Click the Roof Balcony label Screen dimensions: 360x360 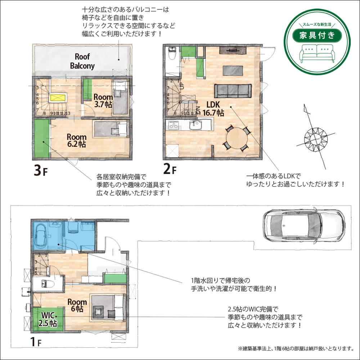tap(82, 61)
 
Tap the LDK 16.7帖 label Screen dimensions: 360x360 tap(213, 109)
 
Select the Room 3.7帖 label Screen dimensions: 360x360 tap(103, 101)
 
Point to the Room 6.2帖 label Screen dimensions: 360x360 tap(76, 140)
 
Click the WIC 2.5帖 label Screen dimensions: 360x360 tap(48, 319)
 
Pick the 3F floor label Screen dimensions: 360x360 tap(40, 171)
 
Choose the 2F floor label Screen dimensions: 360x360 tap(170, 169)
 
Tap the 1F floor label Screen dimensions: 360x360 tap(36, 341)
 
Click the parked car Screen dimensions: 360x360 tap(304, 225)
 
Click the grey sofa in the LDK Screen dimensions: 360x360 tap(233, 91)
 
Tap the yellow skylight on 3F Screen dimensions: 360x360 tap(58, 98)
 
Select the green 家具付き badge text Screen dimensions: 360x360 tap(317, 35)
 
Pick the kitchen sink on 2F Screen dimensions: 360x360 tap(195, 125)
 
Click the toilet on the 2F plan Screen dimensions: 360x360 tap(172, 54)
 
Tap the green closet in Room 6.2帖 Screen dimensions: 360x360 tap(41, 139)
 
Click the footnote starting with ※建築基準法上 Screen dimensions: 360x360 tap(296, 348)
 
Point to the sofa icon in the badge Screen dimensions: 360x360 tap(317, 53)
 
